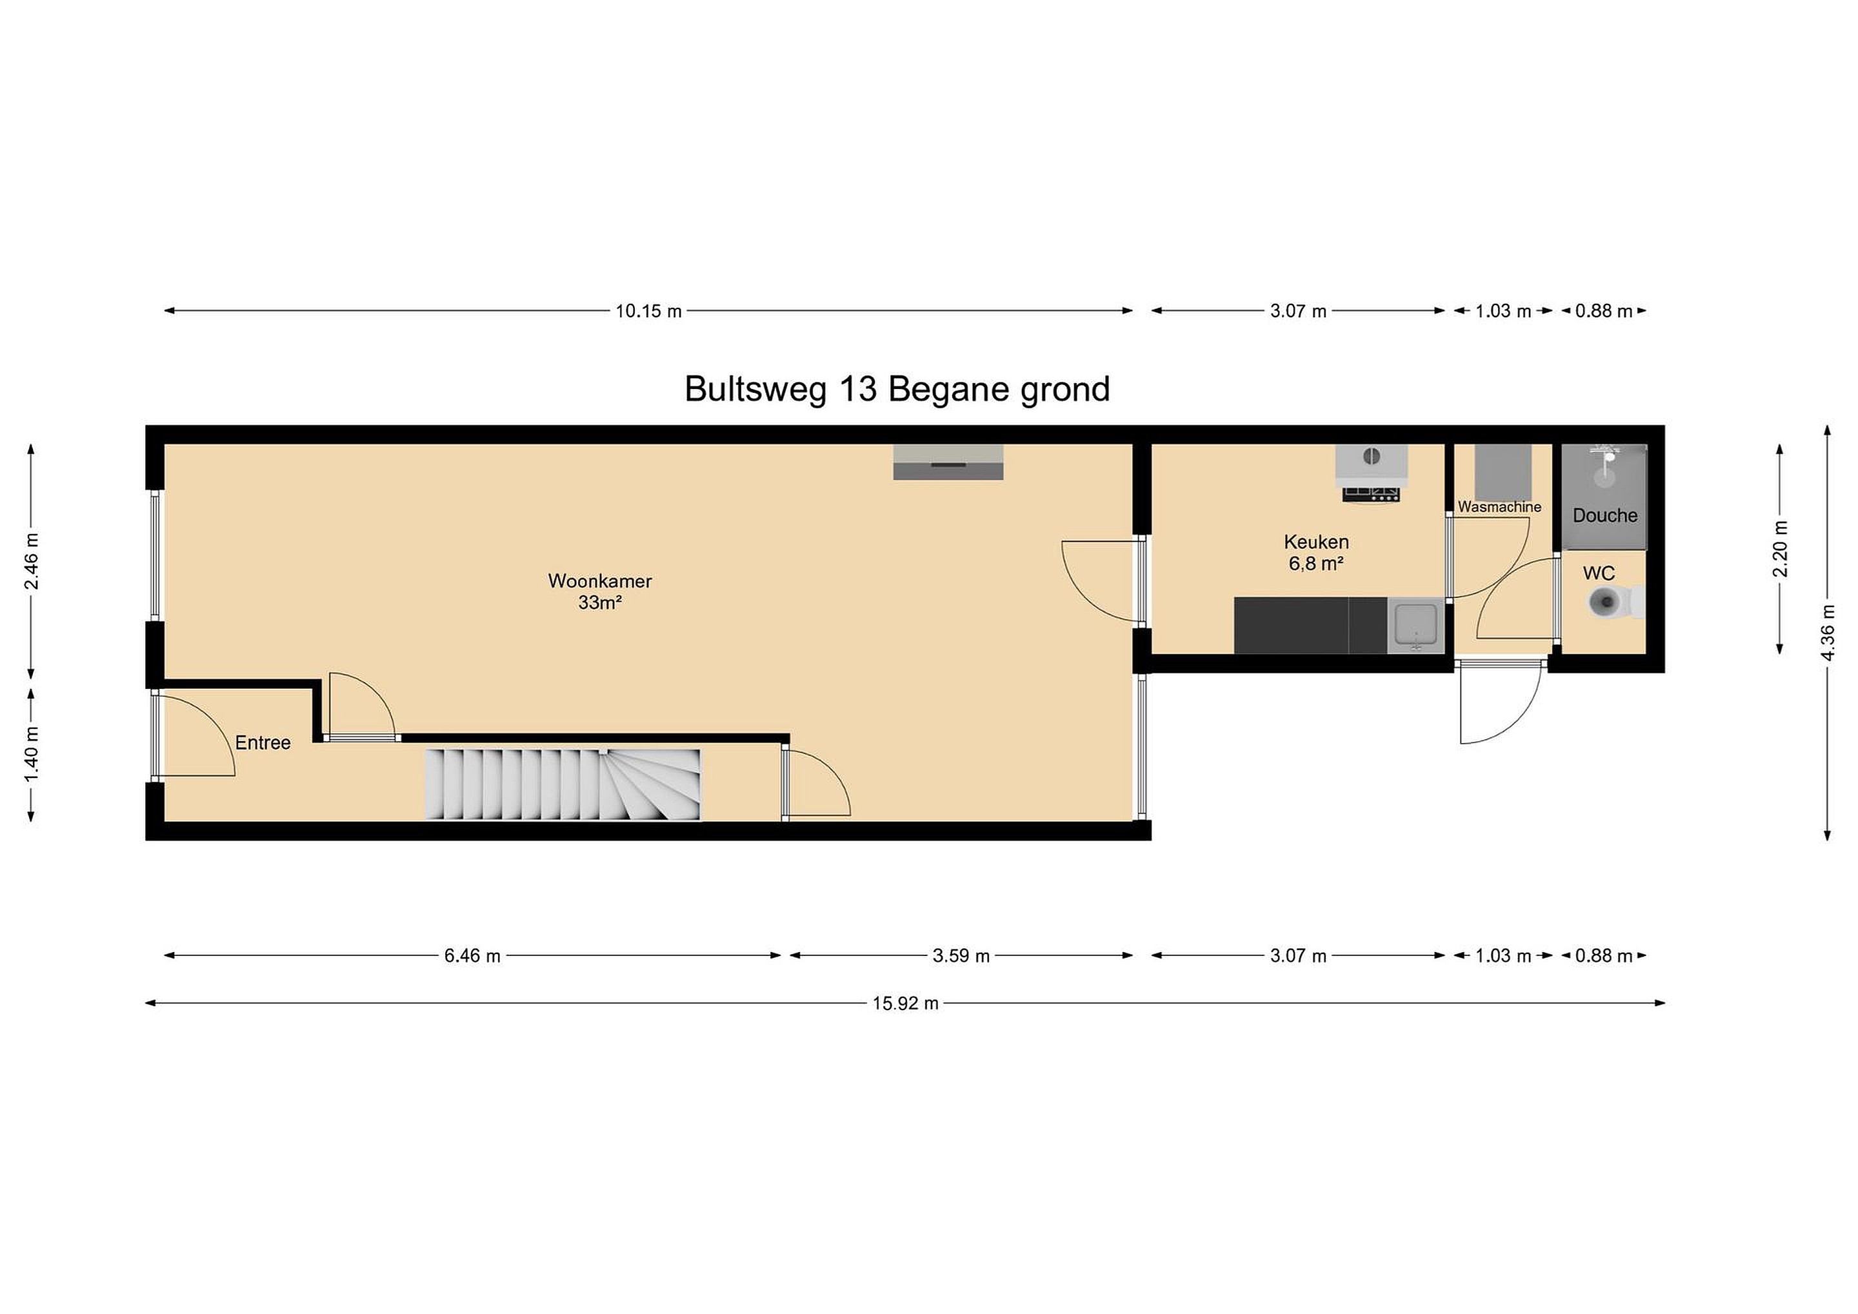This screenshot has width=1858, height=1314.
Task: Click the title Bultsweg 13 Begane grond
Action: click(897, 389)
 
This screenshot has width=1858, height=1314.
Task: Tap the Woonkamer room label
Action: click(599, 581)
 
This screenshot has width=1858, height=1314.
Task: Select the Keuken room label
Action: click(1317, 542)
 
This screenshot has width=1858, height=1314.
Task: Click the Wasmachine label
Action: click(1499, 507)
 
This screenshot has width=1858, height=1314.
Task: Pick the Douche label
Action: click(1604, 515)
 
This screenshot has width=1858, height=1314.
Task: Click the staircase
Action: click(563, 784)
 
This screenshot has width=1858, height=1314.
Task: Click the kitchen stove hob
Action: click(1372, 493)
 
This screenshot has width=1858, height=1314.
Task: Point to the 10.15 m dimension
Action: click(648, 311)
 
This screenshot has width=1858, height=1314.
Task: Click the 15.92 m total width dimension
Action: click(904, 1003)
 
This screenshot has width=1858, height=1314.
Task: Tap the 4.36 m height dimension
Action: click(1827, 633)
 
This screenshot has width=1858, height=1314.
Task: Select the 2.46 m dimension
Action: click(32, 561)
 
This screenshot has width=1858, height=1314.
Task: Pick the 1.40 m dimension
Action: click(32, 755)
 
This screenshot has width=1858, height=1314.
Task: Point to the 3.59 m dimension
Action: click(961, 955)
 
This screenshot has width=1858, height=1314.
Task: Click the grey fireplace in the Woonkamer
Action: click(948, 462)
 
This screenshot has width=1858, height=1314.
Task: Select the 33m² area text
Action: click(599, 602)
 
